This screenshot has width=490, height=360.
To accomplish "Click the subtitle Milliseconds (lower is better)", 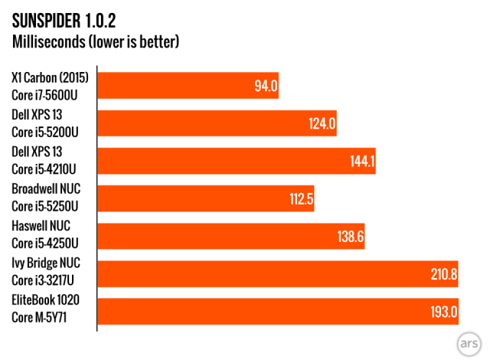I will (x=96, y=41).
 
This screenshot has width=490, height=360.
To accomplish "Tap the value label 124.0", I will (x=322, y=123).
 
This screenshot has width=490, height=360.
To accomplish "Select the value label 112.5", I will (x=299, y=198).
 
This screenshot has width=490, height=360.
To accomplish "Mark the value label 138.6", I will (x=349, y=236).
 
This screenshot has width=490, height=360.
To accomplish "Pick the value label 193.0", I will (x=443, y=311).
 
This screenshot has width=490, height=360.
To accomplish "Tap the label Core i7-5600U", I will (x=45, y=93).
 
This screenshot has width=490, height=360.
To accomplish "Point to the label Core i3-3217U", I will (x=44, y=281).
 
